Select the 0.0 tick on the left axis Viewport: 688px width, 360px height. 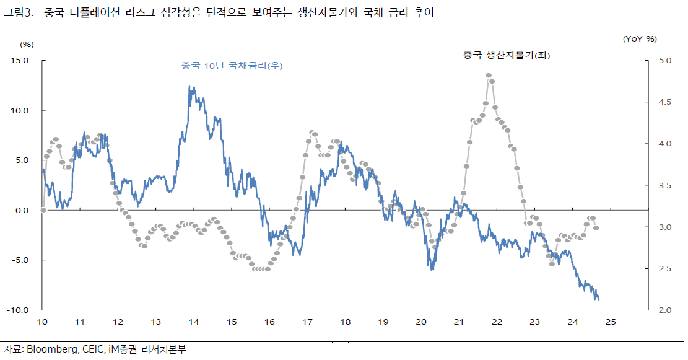[22, 210]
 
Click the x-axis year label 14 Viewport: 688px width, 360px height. [194, 322]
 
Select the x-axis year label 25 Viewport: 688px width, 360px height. [611, 322]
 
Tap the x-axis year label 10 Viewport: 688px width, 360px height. [42, 322]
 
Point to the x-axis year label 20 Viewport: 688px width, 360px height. [421, 322]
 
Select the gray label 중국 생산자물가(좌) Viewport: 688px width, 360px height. [507, 55]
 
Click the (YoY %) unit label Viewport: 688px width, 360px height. [640, 39]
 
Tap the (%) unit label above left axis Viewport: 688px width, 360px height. [27, 44]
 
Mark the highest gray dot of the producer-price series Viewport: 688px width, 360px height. [489, 76]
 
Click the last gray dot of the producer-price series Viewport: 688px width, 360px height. [596, 228]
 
